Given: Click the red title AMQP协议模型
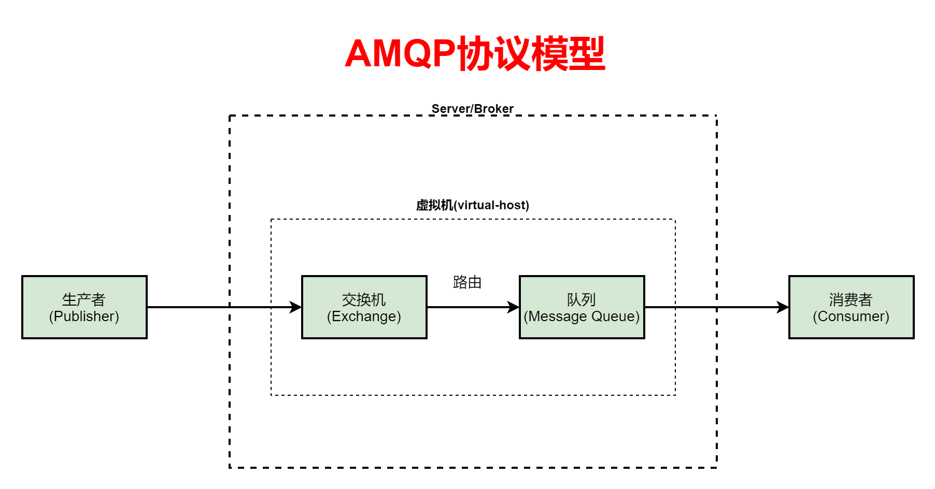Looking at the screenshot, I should (x=475, y=54).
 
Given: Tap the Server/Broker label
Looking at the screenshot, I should (x=472, y=109).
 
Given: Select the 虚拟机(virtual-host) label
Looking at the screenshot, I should (x=472, y=205).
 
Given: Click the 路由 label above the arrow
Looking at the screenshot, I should (x=467, y=282).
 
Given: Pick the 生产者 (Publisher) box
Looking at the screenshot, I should (x=84, y=307).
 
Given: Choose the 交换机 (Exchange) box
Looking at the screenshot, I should (x=364, y=307).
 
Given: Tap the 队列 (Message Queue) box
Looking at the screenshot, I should (x=582, y=307).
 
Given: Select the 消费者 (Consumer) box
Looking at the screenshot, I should (x=851, y=307).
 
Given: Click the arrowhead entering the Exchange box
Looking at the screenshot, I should (x=296, y=307).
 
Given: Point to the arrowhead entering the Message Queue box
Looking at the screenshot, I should (x=514, y=307).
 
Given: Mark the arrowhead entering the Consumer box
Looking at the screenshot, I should (x=783, y=307).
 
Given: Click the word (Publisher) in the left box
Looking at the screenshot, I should (x=84, y=317).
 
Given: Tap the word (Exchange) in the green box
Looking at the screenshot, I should (x=364, y=317).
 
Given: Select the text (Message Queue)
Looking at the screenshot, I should (x=582, y=317).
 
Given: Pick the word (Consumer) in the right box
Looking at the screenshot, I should (x=851, y=317).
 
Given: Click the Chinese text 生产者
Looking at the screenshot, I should (x=83, y=299).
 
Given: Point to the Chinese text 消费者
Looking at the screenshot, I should (x=851, y=299).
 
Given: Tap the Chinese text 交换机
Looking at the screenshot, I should (x=364, y=299).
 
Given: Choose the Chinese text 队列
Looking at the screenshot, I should (x=581, y=299).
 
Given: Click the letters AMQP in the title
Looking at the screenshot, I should (x=400, y=54).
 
